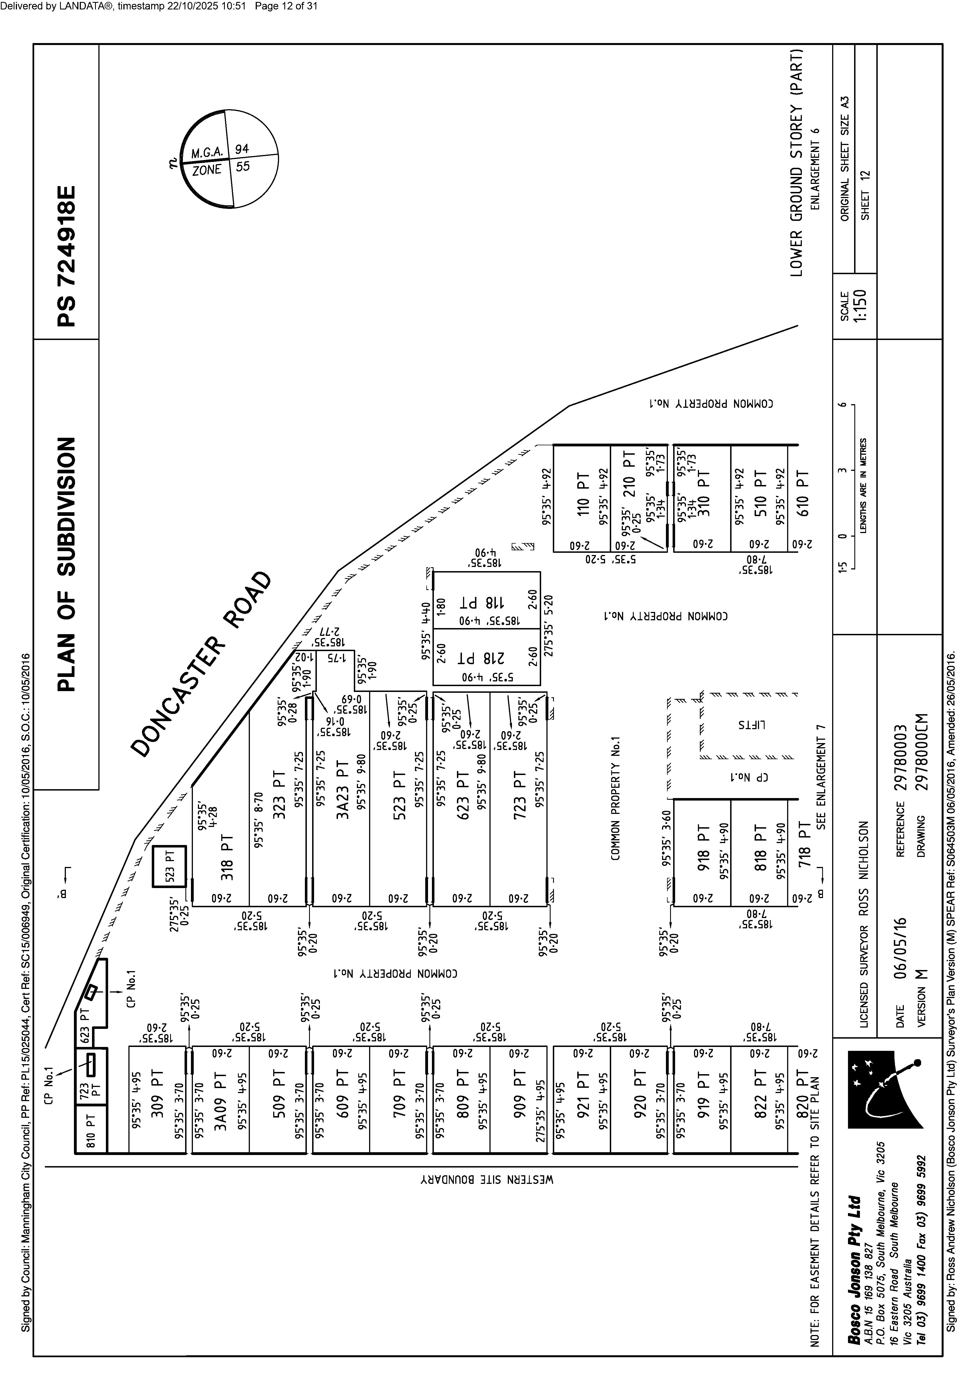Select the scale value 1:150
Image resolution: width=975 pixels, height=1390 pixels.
[x=861, y=306]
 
